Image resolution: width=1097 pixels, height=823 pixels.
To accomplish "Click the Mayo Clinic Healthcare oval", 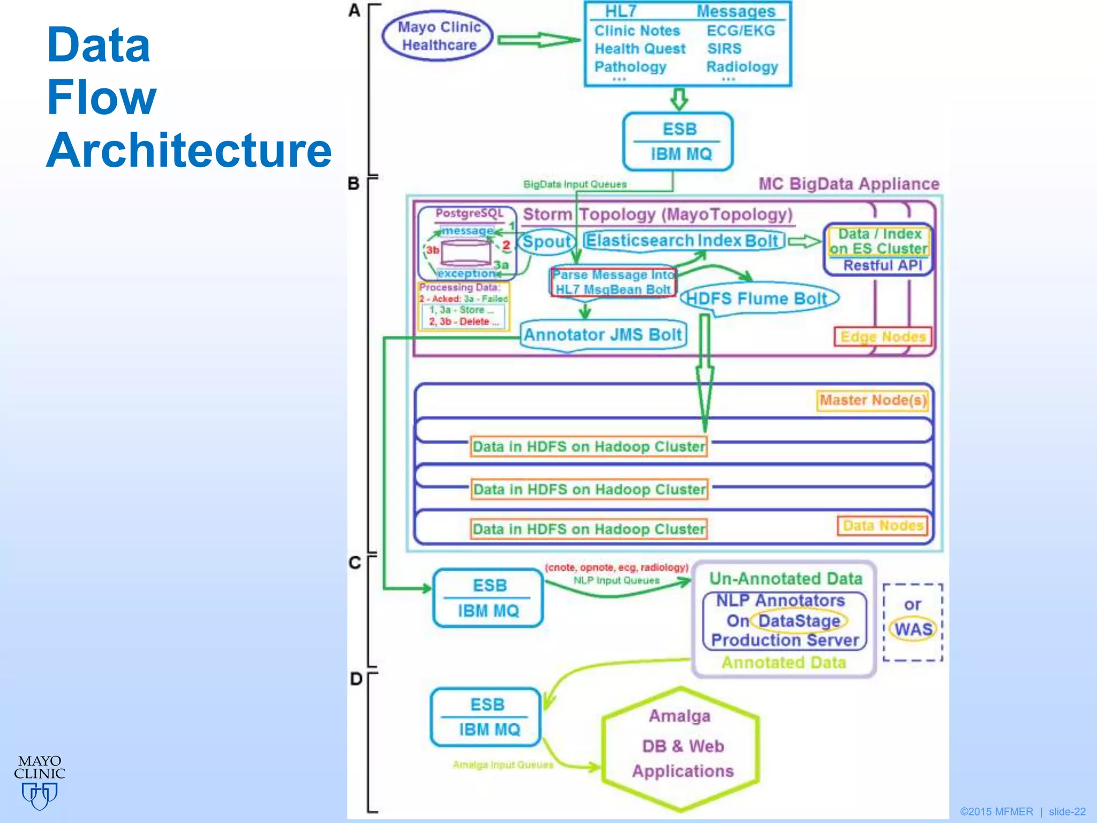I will coord(438,36).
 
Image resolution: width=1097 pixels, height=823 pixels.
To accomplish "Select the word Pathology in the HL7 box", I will coord(630,67).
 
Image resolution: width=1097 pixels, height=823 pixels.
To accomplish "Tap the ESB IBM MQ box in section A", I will coord(678,141).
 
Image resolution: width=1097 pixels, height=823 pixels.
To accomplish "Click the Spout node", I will coord(546,241).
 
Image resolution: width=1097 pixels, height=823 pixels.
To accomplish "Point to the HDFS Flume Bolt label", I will coord(757,298).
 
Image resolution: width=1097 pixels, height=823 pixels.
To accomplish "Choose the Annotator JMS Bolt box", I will coord(603,335).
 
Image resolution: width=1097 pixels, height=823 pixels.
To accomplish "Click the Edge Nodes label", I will coord(882,336).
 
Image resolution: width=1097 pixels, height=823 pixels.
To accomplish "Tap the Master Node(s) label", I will coord(873,400).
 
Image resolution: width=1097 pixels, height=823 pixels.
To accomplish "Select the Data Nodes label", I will coord(882,526).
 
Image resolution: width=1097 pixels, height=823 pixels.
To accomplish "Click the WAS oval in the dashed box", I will coord(913,629).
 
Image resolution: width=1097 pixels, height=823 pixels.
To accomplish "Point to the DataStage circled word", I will coord(799,620).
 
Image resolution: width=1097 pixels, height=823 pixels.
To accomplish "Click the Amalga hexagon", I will coord(681,748).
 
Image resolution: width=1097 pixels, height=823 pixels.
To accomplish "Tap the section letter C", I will coord(355,563).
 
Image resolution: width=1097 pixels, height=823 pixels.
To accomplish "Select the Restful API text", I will coord(882,265).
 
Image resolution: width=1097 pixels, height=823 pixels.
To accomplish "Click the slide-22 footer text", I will coord(1066,812).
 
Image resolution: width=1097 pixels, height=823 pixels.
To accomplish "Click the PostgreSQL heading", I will coord(469,213).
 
